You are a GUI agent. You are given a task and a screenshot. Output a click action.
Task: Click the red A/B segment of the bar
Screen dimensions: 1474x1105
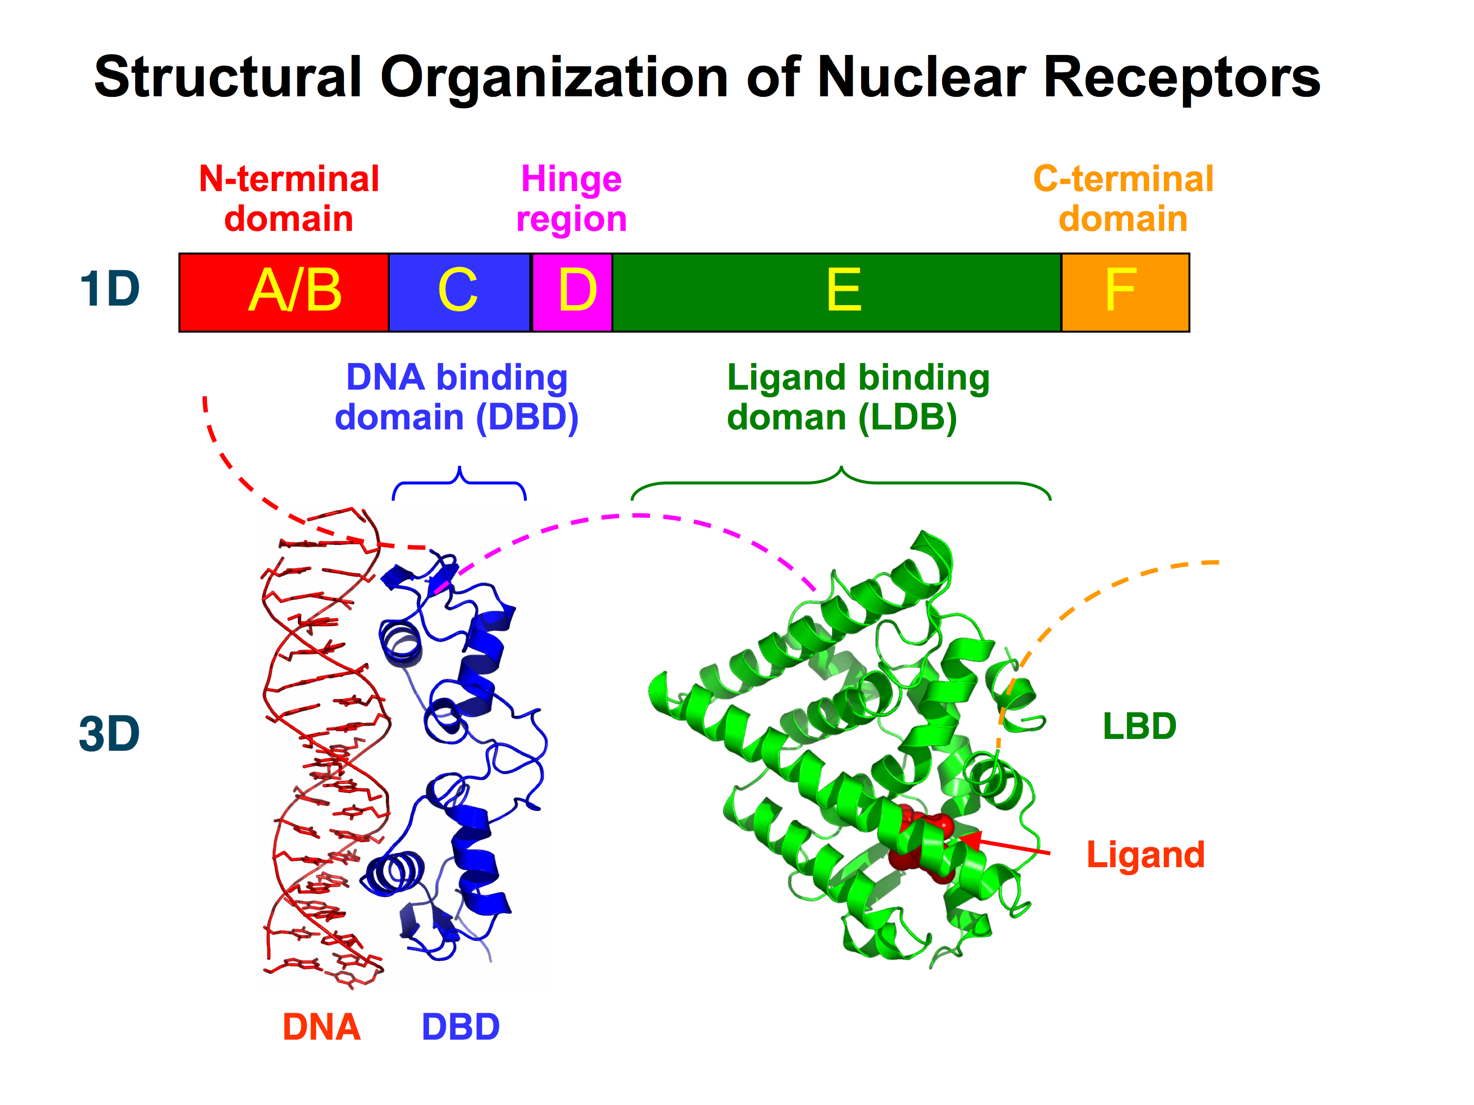tap(284, 292)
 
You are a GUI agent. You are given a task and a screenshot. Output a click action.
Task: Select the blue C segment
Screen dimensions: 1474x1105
tap(460, 292)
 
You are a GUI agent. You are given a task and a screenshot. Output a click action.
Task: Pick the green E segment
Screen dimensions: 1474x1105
tap(837, 292)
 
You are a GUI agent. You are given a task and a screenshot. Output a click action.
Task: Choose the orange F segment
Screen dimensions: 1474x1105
tap(1126, 292)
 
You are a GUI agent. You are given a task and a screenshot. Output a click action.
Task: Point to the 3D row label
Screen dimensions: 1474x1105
tap(109, 734)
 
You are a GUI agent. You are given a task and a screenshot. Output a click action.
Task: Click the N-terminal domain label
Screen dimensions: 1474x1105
tap(289, 198)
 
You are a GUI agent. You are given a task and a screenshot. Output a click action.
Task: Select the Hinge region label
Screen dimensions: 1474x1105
tap(572, 199)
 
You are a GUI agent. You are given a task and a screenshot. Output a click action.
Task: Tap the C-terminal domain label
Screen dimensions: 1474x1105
tap(1124, 198)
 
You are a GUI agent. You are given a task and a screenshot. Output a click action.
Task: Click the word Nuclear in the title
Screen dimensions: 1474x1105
tap(922, 77)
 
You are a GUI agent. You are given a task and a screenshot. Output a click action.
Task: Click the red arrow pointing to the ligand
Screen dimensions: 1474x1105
tap(1004, 845)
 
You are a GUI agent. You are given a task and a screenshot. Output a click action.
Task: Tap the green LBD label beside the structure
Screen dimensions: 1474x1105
tap(1139, 726)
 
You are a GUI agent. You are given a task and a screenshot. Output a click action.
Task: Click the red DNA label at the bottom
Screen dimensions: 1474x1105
tap(322, 1027)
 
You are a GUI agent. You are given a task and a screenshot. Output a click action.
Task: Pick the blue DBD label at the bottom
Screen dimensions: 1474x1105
tap(461, 1027)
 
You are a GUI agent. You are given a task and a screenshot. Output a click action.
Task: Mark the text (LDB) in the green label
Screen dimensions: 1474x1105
tap(908, 418)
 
